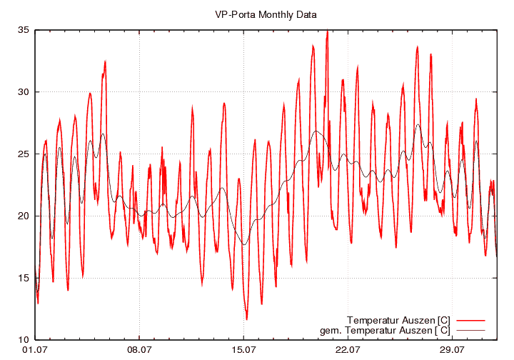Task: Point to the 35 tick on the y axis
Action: pos(24,30)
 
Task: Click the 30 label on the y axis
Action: pos(24,92)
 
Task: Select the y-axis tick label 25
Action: pos(24,154)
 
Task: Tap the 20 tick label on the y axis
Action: pos(24,216)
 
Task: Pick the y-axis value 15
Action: pos(24,278)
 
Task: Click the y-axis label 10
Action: pos(24,340)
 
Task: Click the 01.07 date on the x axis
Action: pos(35,350)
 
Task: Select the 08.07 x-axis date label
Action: pos(139,350)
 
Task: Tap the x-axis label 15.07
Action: pos(243,350)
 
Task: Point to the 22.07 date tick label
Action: pos(348,350)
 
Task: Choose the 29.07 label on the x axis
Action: pos(452,350)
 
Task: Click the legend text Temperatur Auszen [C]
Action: pos(398,319)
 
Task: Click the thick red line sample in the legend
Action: pos(470,319)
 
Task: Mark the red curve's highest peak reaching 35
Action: pos(327,31)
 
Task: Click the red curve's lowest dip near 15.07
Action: pos(247,319)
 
